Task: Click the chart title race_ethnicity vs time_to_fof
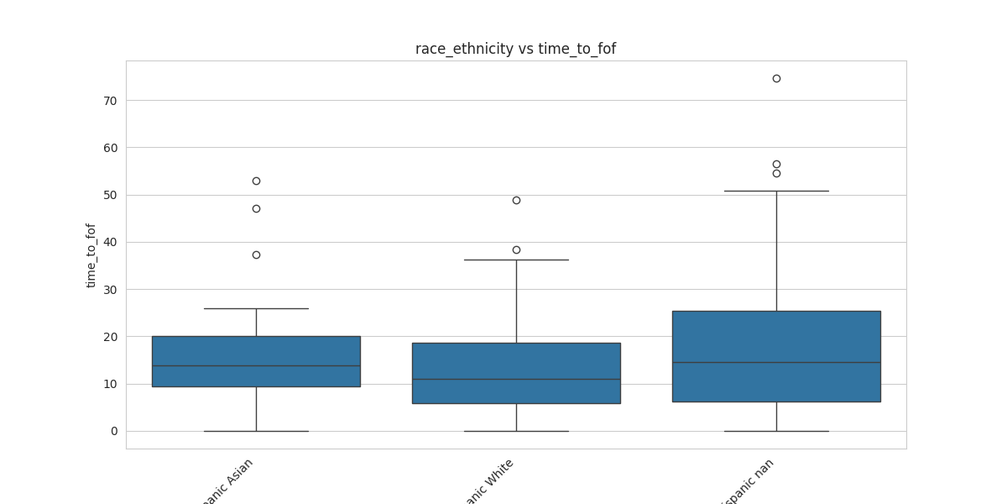coord(515,49)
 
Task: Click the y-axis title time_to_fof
coord(91,255)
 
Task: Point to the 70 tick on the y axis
coord(110,101)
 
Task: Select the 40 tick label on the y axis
coord(110,243)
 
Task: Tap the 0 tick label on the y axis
coord(114,432)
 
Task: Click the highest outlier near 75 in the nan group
coord(776,78)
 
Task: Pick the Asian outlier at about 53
coord(256,181)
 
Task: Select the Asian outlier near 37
coord(256,255)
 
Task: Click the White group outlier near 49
coord(516,200)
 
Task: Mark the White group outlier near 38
coord(516,249)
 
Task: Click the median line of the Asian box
coord(256,365)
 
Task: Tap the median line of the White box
coord(516,379)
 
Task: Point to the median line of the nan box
coord(776,362)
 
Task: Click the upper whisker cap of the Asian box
coord(256,308)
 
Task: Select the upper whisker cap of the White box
coord(516,260)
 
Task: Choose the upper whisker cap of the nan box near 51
coord(776,191)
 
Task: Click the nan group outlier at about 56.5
coord(776,164)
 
